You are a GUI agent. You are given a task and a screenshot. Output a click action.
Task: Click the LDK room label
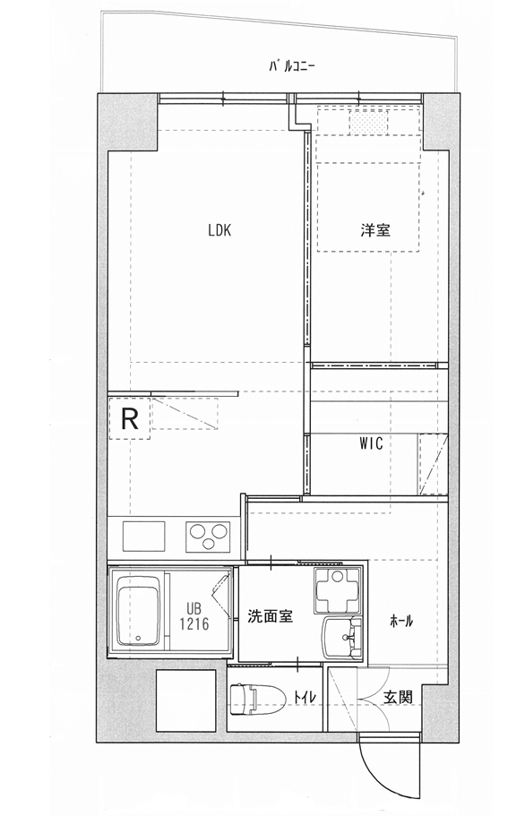(219, 230)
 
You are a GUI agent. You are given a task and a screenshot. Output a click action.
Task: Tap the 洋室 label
(375, 230)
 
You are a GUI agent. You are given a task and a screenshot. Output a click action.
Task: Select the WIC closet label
(371, 443)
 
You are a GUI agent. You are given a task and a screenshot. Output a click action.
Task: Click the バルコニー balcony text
(292, 66)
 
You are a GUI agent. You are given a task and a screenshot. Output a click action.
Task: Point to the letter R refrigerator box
(130, 418)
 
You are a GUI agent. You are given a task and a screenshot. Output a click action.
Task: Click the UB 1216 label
(194, 616)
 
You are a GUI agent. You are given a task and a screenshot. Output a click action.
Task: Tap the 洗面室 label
(270, 616)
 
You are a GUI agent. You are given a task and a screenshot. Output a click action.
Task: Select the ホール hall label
(401, 621)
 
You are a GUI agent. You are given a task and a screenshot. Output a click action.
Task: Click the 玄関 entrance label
(399, 697)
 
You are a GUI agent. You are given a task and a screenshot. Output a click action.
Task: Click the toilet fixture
(257, 698)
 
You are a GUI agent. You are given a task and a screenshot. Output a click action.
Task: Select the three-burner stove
(209, 536)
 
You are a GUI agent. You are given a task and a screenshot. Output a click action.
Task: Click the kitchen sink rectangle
(144, 536)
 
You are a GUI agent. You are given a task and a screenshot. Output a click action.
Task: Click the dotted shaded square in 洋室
(369, 124)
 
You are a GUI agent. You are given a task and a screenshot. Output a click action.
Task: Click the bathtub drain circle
(138, 638)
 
